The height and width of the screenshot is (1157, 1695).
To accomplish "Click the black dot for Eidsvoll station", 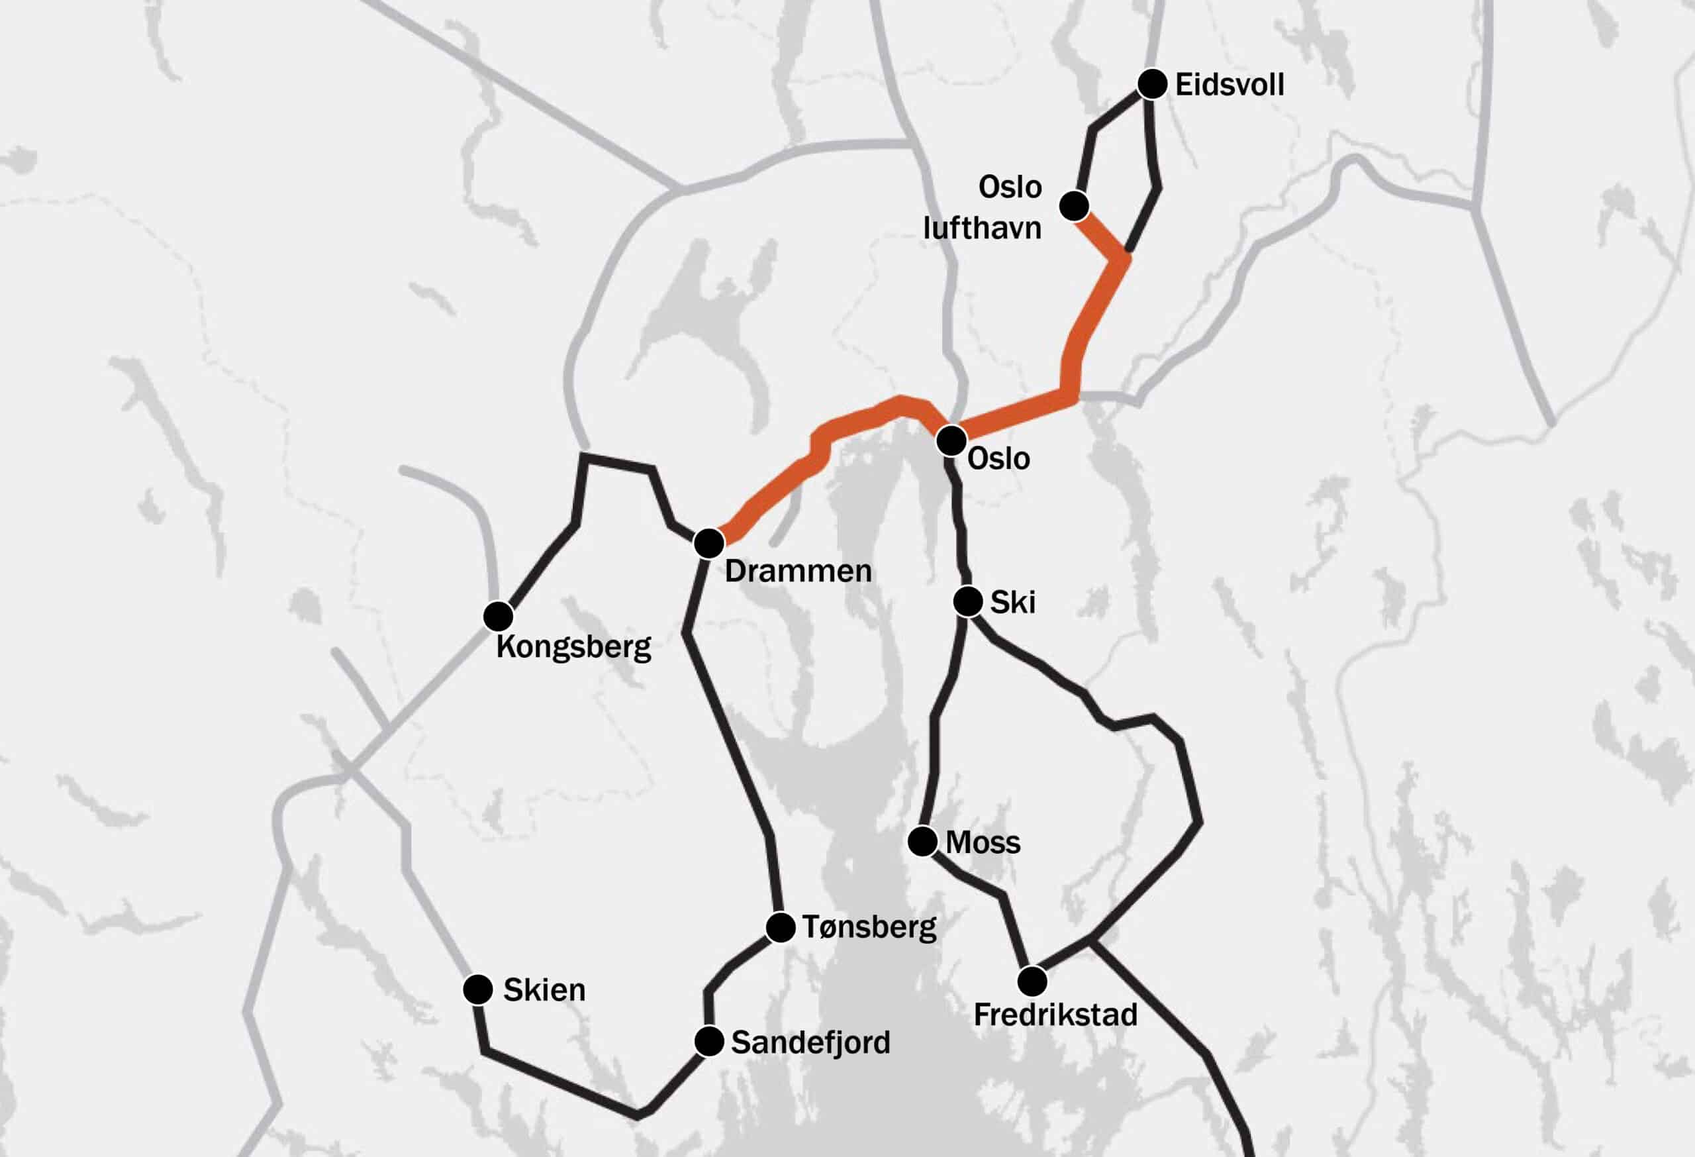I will coord(1152,85).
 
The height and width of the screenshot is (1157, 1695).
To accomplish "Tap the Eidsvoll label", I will coord(1230,85).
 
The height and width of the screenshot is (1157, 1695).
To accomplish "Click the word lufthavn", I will coord(982,228).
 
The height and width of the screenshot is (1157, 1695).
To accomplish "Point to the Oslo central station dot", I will coord(951,440).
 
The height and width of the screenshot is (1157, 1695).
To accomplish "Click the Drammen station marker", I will coord(709,543).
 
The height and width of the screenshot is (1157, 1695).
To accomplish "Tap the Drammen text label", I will coord(798,571).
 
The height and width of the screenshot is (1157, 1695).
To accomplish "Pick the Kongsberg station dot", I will coord(498,617).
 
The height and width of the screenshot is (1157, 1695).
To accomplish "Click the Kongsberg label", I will coord(573,647).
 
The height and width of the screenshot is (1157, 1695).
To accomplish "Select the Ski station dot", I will coord(968,601).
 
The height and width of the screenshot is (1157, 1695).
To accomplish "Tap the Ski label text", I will coord(1012,603).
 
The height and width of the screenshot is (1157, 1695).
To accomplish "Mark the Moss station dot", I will coord(922,842).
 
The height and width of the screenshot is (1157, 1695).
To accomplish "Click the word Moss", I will coord(983,843).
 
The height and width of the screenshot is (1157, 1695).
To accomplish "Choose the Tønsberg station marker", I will coord(781,927).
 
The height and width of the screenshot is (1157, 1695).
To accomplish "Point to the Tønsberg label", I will coord(869,927).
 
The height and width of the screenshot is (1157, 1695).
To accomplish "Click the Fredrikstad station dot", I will coord(1032,981).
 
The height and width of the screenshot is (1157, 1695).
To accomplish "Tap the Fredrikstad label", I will coord(1055,1015).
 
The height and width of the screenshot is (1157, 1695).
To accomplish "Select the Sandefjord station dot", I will coord(709,1042).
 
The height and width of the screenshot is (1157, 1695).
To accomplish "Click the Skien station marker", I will coord(478,989).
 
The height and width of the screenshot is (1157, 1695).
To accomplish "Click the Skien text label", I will coord(544,990).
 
